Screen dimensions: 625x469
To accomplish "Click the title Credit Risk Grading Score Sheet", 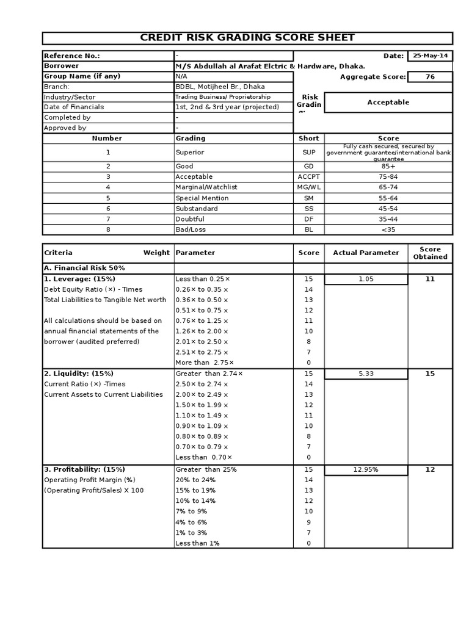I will pos(247,38).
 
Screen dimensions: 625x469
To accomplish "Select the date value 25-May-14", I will pos(430,56).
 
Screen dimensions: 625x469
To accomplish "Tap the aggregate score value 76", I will pos(430,76).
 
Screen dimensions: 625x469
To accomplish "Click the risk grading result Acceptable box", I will pos(388,103).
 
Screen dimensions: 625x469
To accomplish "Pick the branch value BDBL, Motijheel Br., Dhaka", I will pos(220,87).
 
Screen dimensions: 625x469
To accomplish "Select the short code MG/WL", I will pos(308,187).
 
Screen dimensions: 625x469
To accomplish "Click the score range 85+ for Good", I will pos(388,166).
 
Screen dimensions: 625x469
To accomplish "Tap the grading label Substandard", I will pos(196,209).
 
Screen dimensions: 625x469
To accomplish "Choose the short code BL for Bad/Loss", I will pos(308,229).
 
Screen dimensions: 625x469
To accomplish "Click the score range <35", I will pos(388,229).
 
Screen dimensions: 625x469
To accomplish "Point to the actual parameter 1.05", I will pos(366,279).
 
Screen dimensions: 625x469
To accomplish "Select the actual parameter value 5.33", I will pos(366,374).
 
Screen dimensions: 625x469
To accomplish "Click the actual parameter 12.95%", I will pos(366,469).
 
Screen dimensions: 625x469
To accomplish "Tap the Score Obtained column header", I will pos(430,253).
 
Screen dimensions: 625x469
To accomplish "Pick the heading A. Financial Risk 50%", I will pos(85,268).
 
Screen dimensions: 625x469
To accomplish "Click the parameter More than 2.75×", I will pos(205,363).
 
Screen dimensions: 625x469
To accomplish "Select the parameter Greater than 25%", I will pos(206,469).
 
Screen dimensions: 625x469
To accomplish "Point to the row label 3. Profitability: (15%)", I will pos(84,469).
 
